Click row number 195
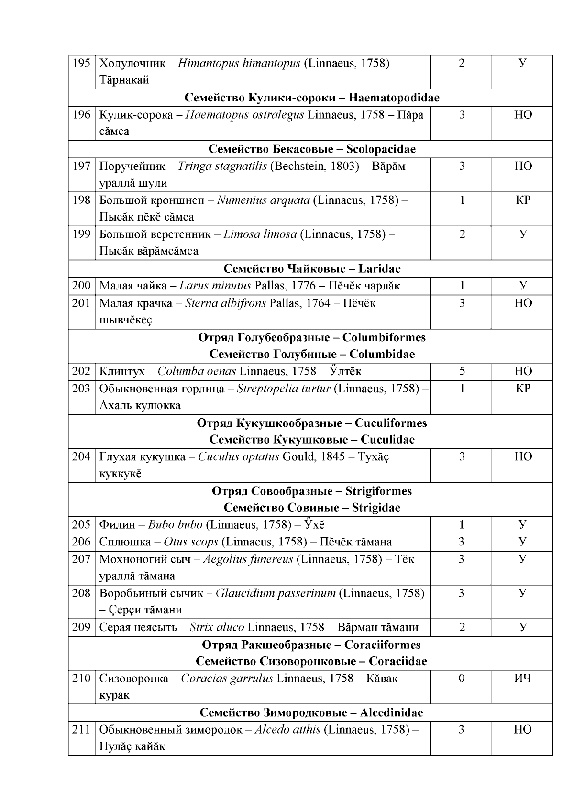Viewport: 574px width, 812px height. [x=81, y=63]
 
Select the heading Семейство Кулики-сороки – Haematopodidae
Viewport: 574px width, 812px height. [x=312, y=98]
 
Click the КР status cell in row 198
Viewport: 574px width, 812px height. [x=523, y=200]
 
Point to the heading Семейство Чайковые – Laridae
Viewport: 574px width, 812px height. [x=312, y=269]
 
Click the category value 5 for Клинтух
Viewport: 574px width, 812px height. [x=462, y=372]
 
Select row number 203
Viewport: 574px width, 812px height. [x=81, y=389]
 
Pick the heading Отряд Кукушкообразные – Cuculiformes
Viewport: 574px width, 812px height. [x=312, y=423]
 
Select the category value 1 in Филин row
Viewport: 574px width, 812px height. [x=462, y=525]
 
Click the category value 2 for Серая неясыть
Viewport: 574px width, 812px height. [x=462, y=627]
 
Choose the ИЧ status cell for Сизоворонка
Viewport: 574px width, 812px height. [x=523, y=679]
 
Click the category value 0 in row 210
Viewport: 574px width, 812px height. [x=462, y=679]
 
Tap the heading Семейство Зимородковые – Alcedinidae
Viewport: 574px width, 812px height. [x=311, y=713]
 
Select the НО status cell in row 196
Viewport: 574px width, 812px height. [x=523, y=115]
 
